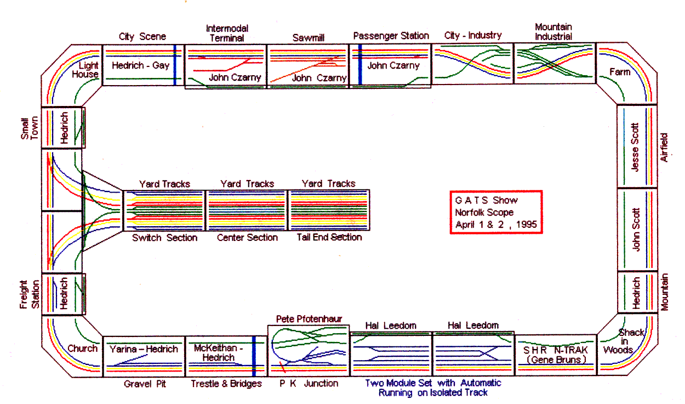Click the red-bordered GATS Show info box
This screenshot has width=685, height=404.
pos(495,212)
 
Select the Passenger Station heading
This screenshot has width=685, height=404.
pos(391,36)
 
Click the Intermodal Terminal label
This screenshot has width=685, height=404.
pos(227,32)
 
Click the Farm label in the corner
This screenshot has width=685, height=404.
pos(620,72)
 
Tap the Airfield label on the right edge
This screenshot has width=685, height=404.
pos(665,147)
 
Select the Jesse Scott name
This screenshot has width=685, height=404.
pos(636,147)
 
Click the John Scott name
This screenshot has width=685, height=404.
pos(636,229)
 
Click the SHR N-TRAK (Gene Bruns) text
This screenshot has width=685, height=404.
pos(555,355)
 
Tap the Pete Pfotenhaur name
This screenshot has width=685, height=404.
pos(309,319)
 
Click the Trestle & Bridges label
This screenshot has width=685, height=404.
pos(226,384)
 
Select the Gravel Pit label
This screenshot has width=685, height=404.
pos(145,384)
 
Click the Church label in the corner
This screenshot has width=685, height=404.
pos(82,348)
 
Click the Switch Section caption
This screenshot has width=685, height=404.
pos(164,238)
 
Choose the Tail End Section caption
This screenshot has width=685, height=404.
pos(329,237)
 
